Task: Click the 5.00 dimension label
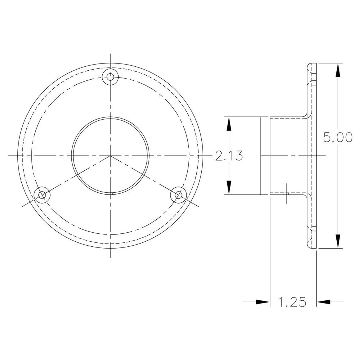click(x=337, y=138)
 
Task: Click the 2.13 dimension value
click(x=229, y=156)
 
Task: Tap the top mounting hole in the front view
click(x=110, y=77)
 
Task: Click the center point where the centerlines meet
click(x=110, y=156)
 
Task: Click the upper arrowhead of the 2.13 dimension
click(x=229, y=124)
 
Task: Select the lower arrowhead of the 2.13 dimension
click(x=229, y=188)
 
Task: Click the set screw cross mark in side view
click(x=286, y=193)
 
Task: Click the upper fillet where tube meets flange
click(x=304, y=115)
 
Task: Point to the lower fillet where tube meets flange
click(x=304, y=196)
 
